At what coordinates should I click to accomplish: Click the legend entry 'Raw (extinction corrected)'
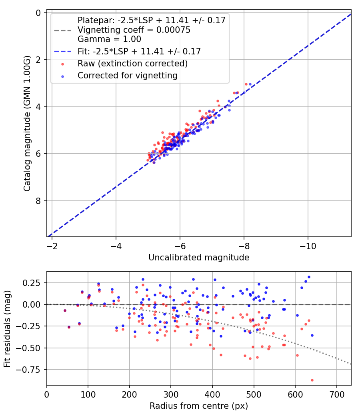coord(132,63)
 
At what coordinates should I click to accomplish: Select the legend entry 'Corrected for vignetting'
coord(128,75)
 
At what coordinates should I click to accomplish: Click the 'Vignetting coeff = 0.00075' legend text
coord(134,30)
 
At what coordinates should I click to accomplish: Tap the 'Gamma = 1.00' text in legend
coord(109,39)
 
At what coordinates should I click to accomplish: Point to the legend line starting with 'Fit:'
coord(139,51)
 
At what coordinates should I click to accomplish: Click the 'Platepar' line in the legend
coord(152,20)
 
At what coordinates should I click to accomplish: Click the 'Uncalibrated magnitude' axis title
coord(199,258)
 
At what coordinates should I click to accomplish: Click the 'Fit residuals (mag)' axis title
coord(7,329)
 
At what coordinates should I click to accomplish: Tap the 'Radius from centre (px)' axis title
coord(199,406)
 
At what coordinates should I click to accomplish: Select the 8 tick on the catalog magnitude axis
coord(38,201)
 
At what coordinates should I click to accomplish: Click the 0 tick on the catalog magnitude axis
coord(38,13)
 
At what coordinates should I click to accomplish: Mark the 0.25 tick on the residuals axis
coord(33,283)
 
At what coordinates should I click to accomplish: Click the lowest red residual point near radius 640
coord(312,380)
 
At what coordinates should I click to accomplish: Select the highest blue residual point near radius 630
coord(309,277)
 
